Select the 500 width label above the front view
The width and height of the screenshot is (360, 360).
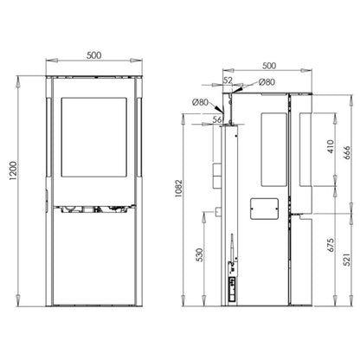pos(96,54)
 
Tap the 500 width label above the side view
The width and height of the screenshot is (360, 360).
pos(269,63)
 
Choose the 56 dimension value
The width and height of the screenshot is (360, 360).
pos(217,119)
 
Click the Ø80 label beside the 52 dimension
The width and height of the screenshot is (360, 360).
pos(267,82)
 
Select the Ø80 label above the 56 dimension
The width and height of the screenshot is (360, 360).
pos(202,103)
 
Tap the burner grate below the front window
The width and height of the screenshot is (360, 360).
pos(96,209)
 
